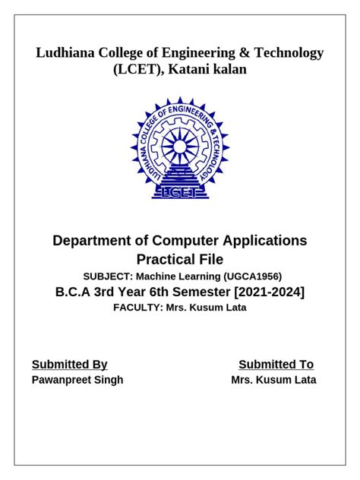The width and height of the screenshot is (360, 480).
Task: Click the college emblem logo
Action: (x=179, y=148)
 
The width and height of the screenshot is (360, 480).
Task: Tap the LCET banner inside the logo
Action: (x=179, y=193)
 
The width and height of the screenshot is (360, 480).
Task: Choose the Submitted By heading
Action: (x=69, y=365)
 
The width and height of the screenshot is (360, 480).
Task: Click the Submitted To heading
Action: (x=276, y=365)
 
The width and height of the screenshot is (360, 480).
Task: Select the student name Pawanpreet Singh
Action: (x=77, y=381)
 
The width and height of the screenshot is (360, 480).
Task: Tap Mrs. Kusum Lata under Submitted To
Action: (x=273, y=381)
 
